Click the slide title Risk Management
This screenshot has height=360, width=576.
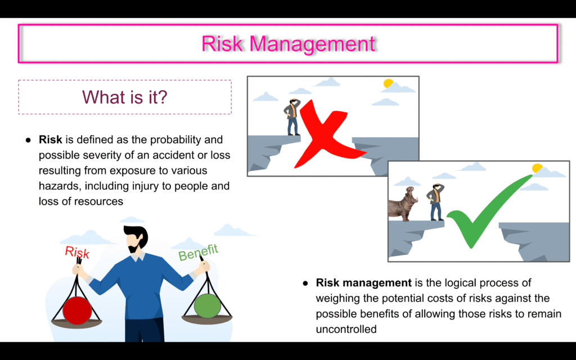pyautogui.click(x=289, y=44)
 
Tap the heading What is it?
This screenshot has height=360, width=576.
pyautogui.click(x=124, y=97)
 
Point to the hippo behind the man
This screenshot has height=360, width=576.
pyautogui.click(x=403, y=204)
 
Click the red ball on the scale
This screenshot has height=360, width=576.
pyautogui.click(x=76, y=310)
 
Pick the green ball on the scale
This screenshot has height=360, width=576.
pyautogui.click(x=207, y=305)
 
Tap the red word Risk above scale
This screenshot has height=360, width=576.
pyautogui.click(x=77, y=252)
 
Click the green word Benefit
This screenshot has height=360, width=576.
pyautogui.click(x=198, y=253)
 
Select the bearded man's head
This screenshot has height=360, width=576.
pyautogui.click(x=136, y=238)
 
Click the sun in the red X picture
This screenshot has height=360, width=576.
pyautogui.click(x=388, y=83)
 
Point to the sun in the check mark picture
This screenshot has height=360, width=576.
pyautogui.click(x=537, y=168)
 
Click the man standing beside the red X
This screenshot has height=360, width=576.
pyautogui.click(x=292, y=117)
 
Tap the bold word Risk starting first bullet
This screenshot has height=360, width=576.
pyautogui.click(x=50, y=139)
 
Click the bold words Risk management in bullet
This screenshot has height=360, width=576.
pyautogui.click(x=364, y=283)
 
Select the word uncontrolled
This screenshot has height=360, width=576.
pyautogui.click(x=346, y=329)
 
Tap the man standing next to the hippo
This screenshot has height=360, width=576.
pyautogui.click(x=435, y=202)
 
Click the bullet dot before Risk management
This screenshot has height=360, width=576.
pyautogui.click(x=305, y=283)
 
